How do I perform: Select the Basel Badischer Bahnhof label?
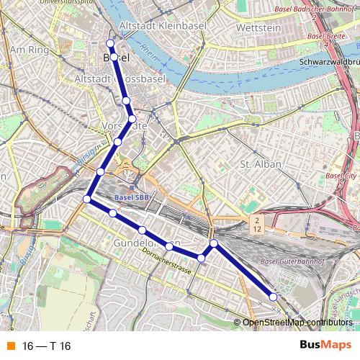(x=317, y=9)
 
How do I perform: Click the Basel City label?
(x=341, y=175)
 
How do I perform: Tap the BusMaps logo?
(x=320, y=346)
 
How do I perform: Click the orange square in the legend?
(x=10, y=346)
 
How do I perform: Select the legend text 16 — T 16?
(x=47, y=346)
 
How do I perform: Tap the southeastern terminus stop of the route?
(x=274, y=297)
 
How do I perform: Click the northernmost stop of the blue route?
(x=110, y=43)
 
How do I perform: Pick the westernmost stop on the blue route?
(x=87, y=199)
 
